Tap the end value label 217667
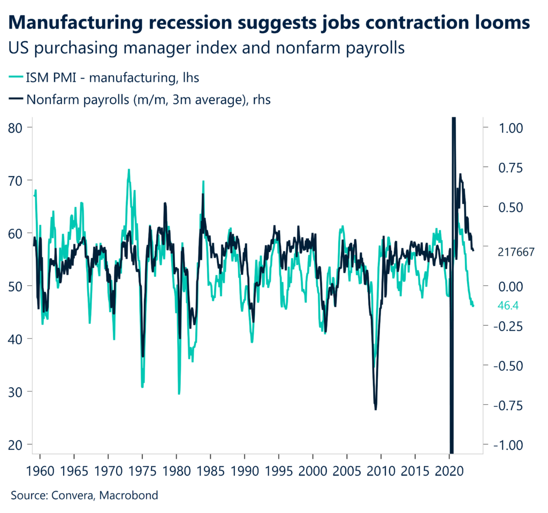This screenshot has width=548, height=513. (515, 252)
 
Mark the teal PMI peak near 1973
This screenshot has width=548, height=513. (128, 170)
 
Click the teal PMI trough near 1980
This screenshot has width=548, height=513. (179, 394)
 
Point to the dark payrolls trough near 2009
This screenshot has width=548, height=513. (376, 409)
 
